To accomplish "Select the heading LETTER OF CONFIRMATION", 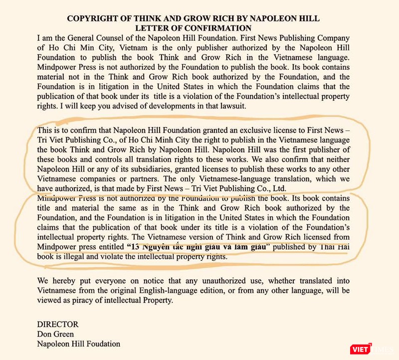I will point(194,28).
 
